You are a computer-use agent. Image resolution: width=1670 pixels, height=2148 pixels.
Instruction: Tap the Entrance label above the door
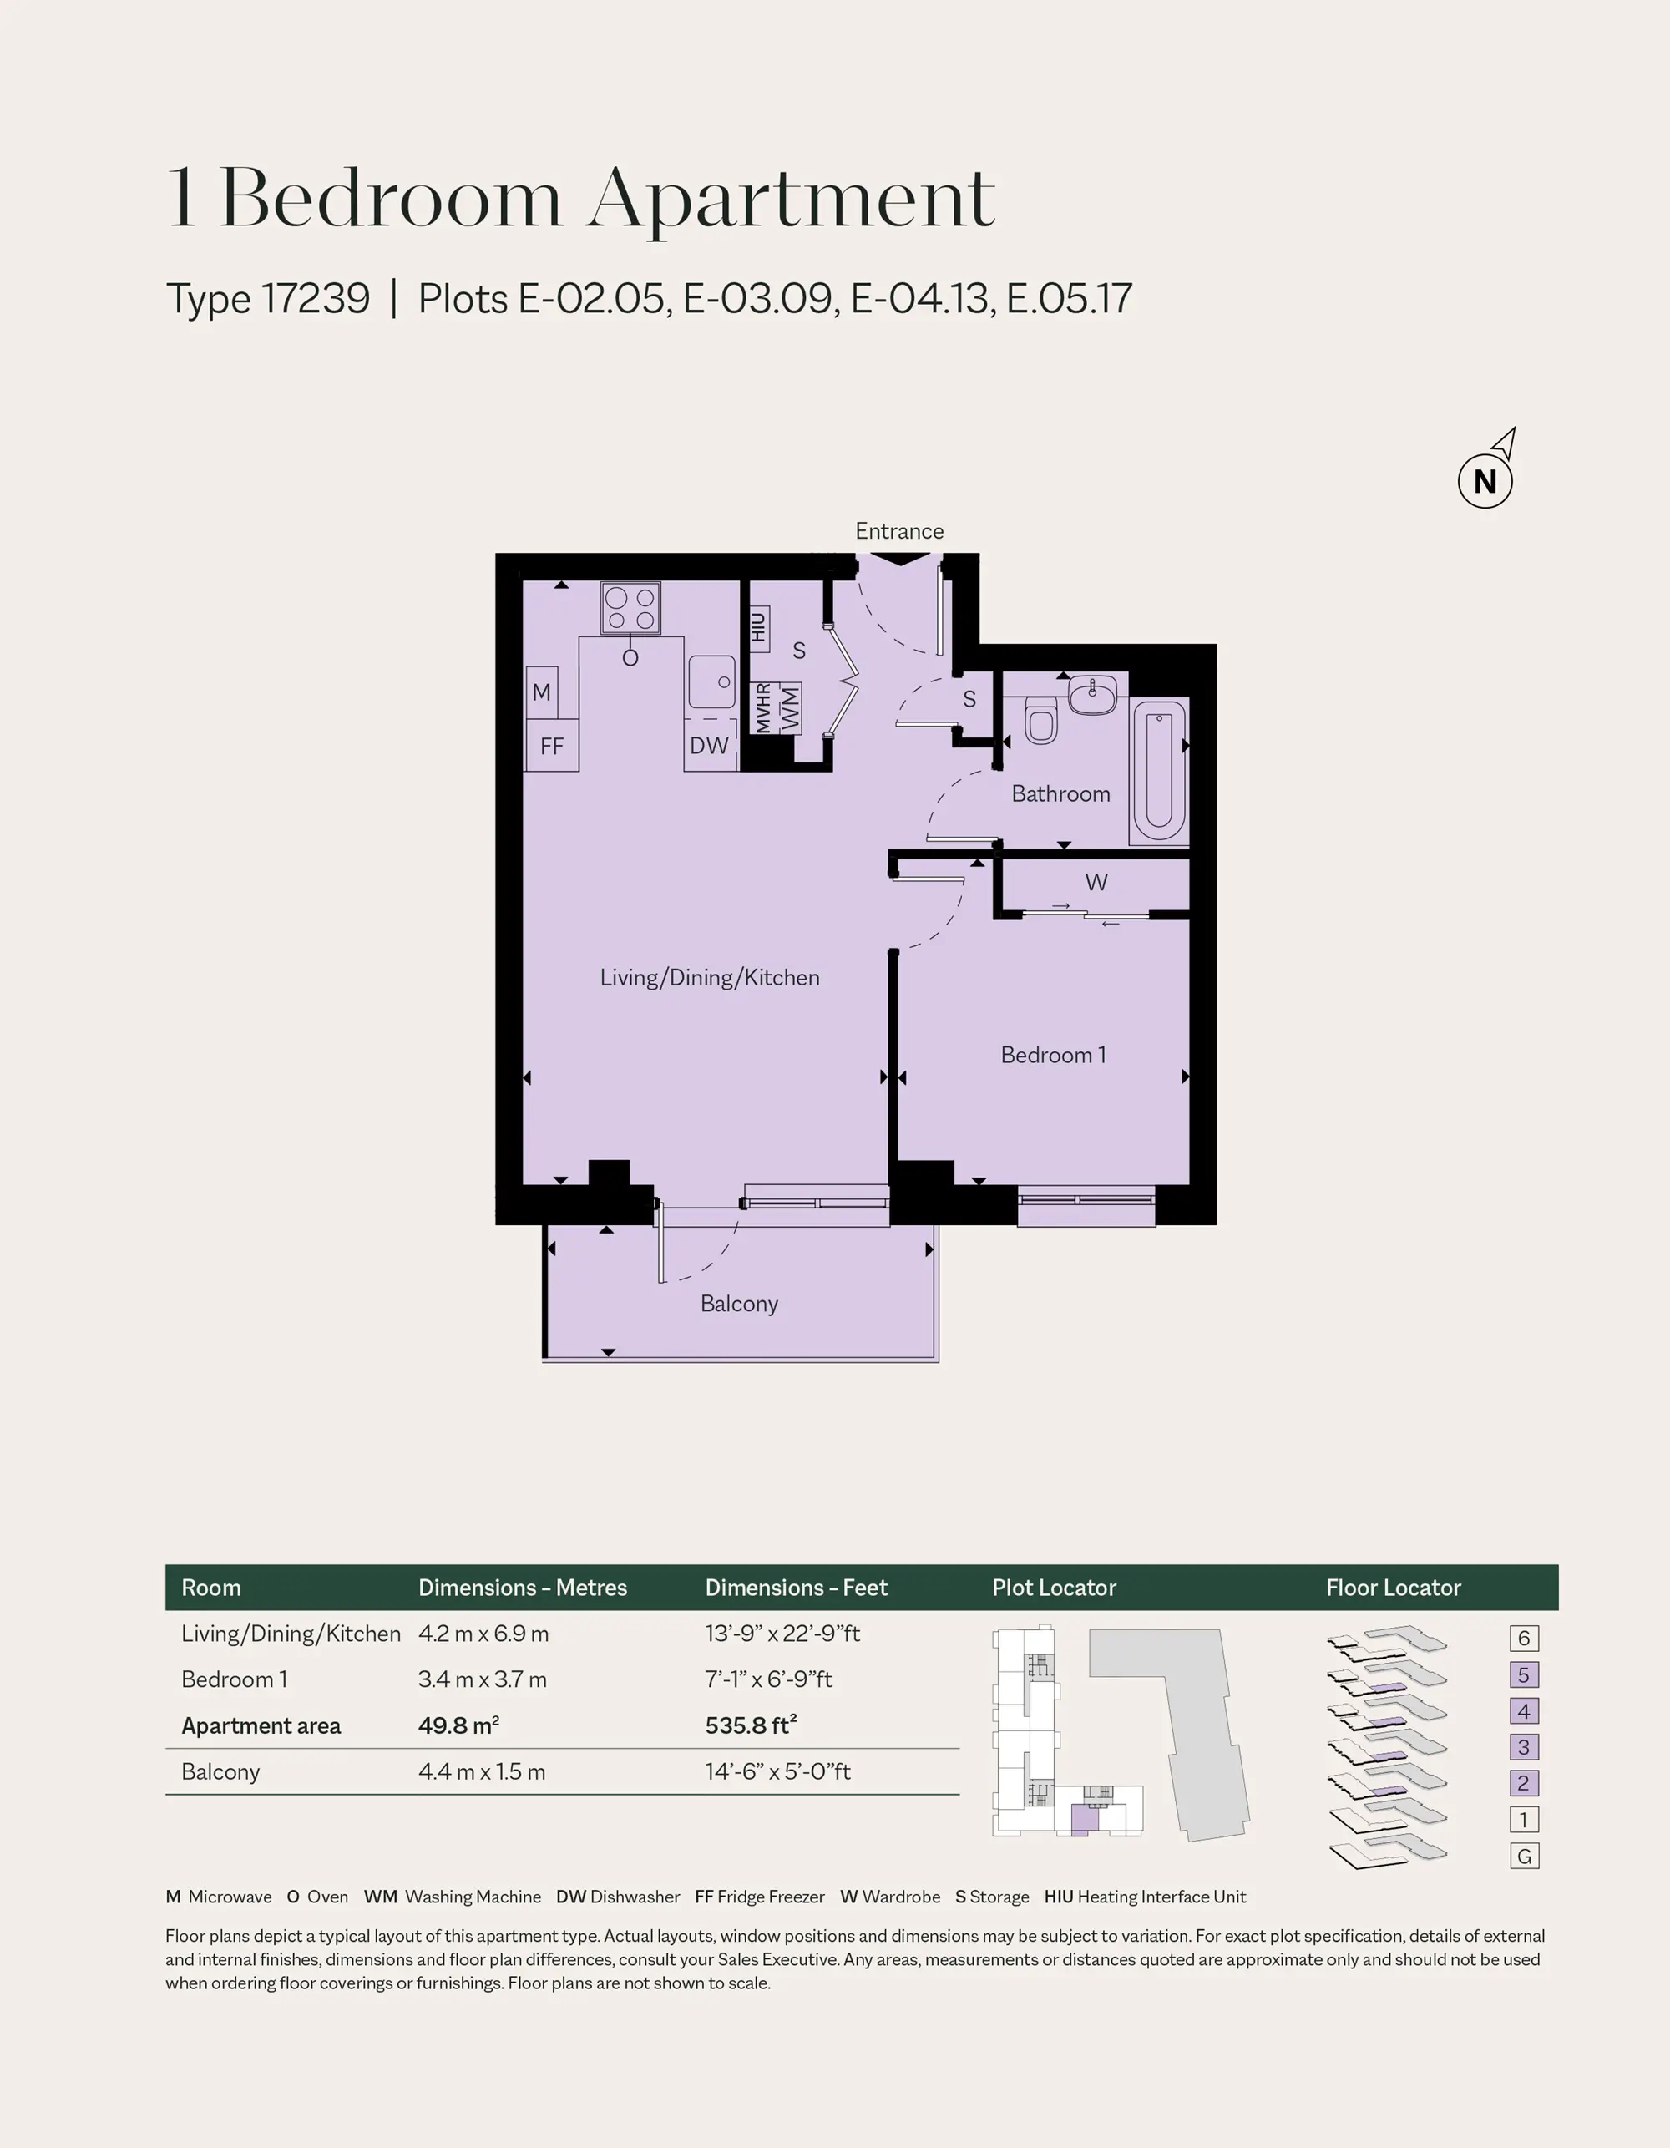pyautogui.click(x=899, y=531)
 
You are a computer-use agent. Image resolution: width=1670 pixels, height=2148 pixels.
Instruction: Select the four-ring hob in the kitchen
pyautogui.click(x=630, y=609)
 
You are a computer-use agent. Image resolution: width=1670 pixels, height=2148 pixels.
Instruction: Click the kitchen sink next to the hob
pyautogui.click(x=711, y=681)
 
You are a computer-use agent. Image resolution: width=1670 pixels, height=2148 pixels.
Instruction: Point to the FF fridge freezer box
pyautogui.click(x=552, y=746)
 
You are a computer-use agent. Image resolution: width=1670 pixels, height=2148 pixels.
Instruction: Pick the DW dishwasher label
pyautogui.click(x=709, y=746)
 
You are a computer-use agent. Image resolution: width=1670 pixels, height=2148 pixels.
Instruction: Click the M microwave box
pyautogui.click(x=542, y=692)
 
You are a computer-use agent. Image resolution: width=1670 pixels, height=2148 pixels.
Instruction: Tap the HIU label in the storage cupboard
pyautogui.click(x=758, y=626)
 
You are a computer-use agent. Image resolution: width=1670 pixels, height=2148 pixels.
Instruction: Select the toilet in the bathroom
pyautogui.click(x=1040, y=720)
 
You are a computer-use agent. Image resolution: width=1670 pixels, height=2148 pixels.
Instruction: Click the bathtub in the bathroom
pyautogui.click(x=1159, y=770)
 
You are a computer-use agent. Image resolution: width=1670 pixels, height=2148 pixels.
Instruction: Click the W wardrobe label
pyautogui.click(x=1096, y=882)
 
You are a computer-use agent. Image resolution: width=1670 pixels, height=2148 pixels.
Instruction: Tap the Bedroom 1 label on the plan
pyautogui.click(x=1053, y=1056)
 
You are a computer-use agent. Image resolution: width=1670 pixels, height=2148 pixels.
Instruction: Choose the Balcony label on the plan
pyautogui.click(x=740, y=1305)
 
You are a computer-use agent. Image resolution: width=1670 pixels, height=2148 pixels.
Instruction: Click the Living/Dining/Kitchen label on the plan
pyautogui.click(x=710, y=978)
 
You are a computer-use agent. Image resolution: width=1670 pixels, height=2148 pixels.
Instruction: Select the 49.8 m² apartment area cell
pyautogui.click(x=459, y=1725)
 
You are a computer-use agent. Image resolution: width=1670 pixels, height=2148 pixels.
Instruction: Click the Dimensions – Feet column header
pyautogui.click(x=797, y=1588)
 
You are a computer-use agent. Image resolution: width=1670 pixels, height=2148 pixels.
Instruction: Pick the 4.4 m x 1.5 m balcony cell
pyautogui.click(x=482, y=1771)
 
